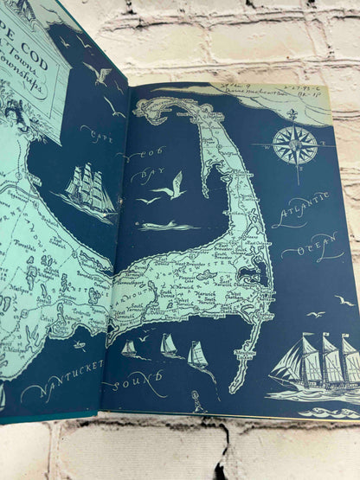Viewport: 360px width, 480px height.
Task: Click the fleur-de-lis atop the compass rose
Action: point(292,117)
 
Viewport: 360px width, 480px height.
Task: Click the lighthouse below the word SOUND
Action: point(200,401)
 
